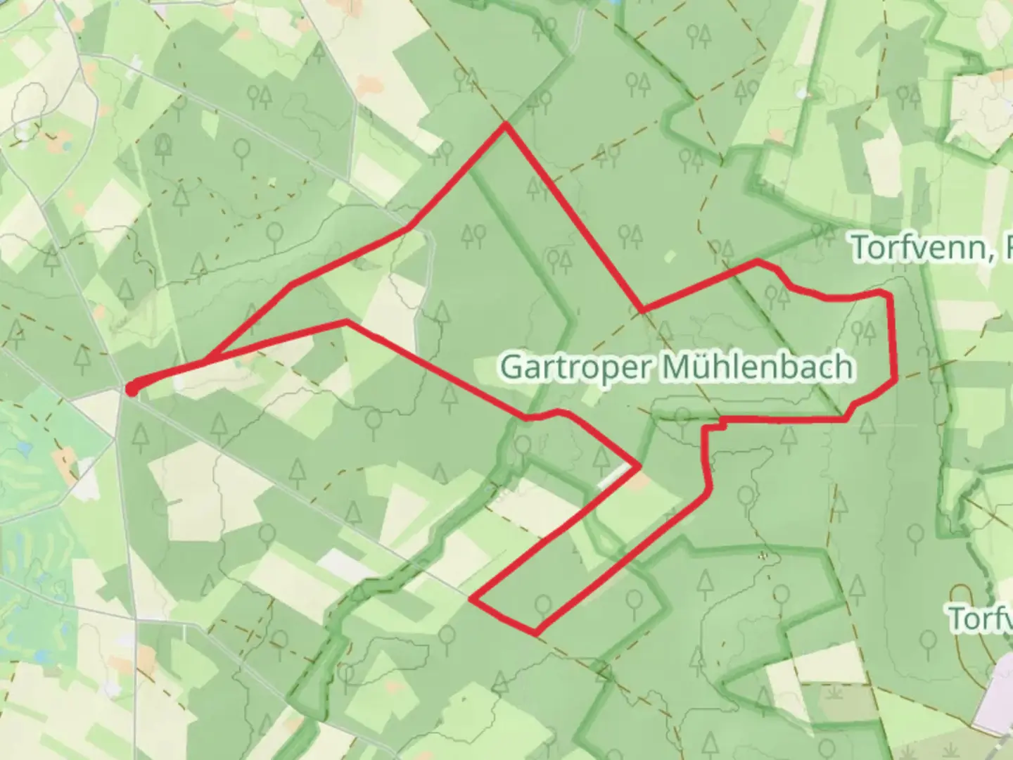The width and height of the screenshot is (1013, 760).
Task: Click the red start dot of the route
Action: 132,388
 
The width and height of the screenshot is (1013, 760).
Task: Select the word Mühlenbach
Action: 757,367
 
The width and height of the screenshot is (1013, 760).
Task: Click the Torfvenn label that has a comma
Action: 922,247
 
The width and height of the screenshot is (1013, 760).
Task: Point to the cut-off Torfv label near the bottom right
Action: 981,618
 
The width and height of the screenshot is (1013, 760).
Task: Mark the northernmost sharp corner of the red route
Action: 504,125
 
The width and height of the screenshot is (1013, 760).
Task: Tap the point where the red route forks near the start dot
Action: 206,362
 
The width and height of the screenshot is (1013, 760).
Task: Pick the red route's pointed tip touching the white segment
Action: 639,465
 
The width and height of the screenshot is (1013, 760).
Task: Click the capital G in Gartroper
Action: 511,367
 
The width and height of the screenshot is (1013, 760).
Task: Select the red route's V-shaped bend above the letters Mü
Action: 642,310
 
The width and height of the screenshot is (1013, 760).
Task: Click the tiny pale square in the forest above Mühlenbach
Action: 670,256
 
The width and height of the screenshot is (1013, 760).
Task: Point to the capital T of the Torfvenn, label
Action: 861,247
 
